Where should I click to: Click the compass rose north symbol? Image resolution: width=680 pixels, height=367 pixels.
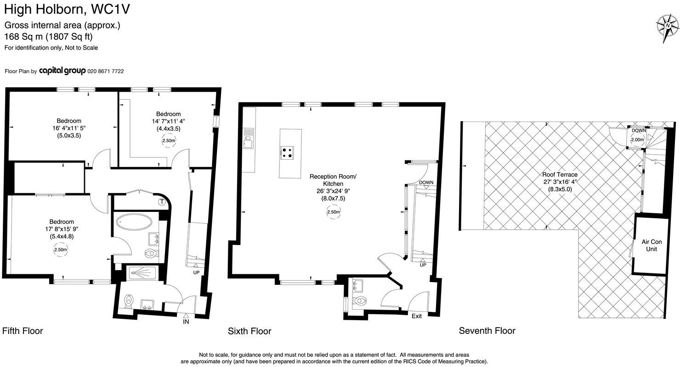(x=667, y=25)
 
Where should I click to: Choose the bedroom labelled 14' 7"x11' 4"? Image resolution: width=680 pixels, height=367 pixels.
(x=168, y=121)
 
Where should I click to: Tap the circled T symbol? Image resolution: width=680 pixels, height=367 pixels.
(x=162, y=201)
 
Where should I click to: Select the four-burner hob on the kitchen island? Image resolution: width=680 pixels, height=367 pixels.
(x=288, y=152)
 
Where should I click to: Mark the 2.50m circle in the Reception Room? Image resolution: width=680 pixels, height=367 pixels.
(x=334, y=212)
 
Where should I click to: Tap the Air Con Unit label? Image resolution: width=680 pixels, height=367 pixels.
(x=652, y=245)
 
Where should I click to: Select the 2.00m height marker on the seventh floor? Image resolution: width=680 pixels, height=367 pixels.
(x=638, y=140)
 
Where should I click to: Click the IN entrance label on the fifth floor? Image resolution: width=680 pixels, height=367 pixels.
(x=186, y=322)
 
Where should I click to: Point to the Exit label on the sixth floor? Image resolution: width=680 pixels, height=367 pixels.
(x=416, y=316)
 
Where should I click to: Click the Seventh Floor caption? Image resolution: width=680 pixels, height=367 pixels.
(x=487, y=331)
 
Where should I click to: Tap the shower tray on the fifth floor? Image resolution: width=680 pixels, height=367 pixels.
(x=142, y=273)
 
